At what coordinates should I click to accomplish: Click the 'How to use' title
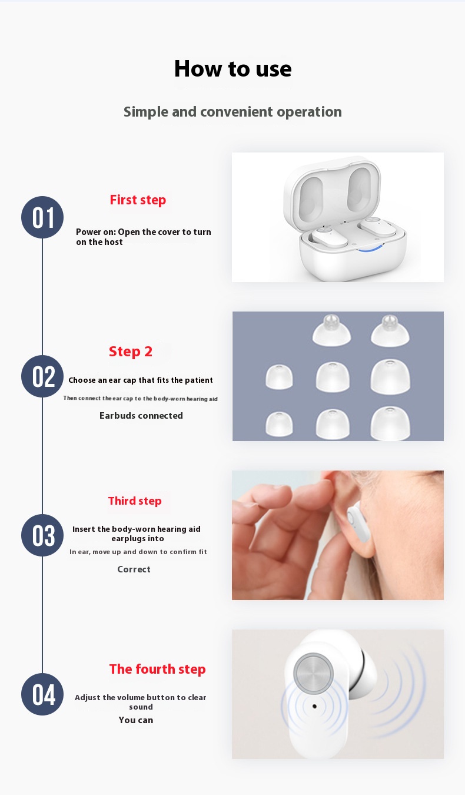[x=232, y=68]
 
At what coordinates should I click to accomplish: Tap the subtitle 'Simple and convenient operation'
[x=232, y=112]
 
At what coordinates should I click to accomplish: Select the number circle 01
[x=42, y=217]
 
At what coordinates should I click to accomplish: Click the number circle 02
[x=42, y=376]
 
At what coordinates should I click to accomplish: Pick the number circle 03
[x=42, y=535]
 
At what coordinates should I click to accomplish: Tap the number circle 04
[x=42, y=694]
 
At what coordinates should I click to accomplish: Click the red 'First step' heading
[x=138, y=200]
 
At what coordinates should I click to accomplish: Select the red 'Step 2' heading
[x=131, y=352]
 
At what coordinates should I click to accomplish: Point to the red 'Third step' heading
[x=135, y=501]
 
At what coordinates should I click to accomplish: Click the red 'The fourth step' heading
[x=158, y=669]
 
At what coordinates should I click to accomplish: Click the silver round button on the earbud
[x=314, y=673]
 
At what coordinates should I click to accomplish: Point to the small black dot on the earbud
[x=314, y=706]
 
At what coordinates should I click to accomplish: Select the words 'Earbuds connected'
[x=141, y=416]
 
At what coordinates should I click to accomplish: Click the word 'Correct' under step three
[x=134, y=569]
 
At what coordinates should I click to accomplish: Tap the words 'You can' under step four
[x=136, y=720]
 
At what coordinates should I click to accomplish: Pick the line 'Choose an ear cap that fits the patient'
[x=141, y=380]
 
